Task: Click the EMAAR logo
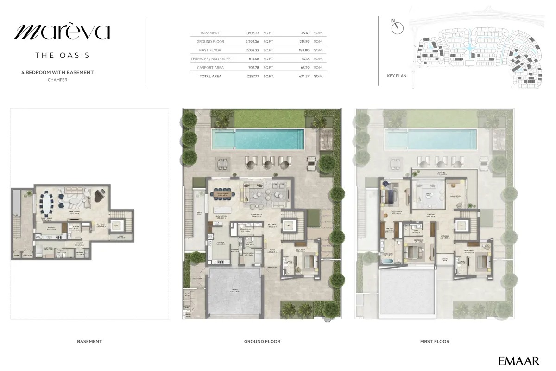coord(518,360)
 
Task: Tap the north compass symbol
coord(397,28)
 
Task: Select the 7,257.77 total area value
coord(253,76)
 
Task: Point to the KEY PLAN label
coord(397,76)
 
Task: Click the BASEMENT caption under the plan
coord(89,342)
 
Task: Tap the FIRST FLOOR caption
coord(435,342)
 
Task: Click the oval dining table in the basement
coord(48,202)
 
